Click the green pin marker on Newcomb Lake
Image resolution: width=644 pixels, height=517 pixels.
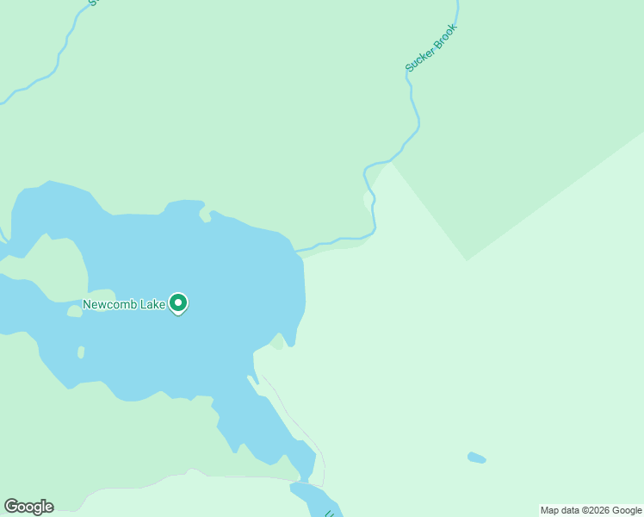click(178, 303)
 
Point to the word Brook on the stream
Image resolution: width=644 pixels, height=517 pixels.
click(443, 37)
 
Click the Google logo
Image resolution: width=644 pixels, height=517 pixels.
click(29, 507)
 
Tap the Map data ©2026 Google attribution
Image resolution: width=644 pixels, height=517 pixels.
click(591, 510)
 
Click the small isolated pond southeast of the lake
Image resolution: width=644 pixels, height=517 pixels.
click(476, 458)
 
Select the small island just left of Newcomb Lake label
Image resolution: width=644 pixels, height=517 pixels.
click(75, 311)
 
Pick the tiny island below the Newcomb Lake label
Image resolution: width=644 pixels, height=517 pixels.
click(81, 352)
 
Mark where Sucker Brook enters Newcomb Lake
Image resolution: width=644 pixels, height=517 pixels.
click(298, 252)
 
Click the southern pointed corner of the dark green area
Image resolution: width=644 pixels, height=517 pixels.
click(467, 258)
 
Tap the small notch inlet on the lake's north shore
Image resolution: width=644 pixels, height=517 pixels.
click(206, 213)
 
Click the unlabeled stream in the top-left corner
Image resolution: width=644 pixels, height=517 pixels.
click(60, 52)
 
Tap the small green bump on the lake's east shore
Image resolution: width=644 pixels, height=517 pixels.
click(277, 342)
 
